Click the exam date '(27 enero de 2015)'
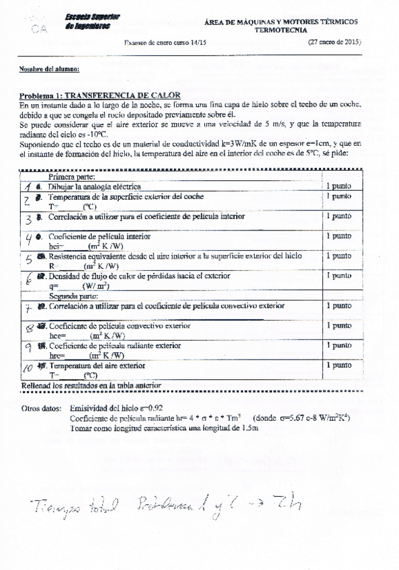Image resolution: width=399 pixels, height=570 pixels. pos(335,42)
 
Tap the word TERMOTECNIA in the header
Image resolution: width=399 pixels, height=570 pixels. pos(283,30)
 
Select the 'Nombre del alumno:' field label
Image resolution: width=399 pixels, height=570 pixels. pos(49,69)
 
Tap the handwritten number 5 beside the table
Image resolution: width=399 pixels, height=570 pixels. pos(28,260)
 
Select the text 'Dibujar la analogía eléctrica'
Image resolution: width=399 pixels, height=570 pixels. pos(94,186)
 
